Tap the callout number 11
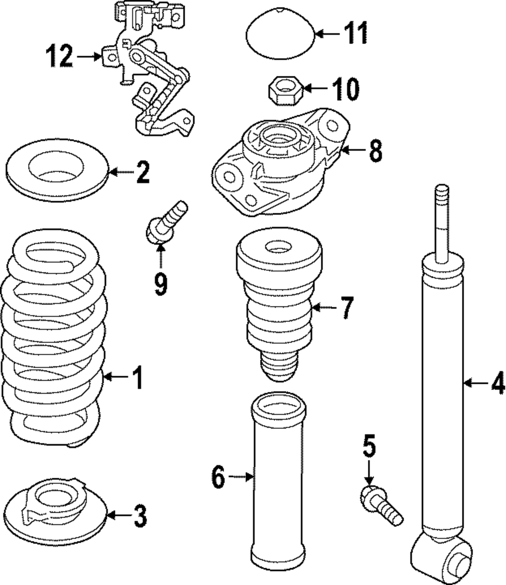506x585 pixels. pyautogui.click(x=354, y=34)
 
